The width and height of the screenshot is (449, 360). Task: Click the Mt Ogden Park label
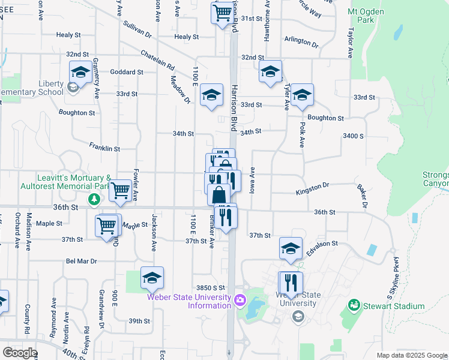click(x=369, y=16)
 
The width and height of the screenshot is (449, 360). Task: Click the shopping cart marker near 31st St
click(x=222, y=12)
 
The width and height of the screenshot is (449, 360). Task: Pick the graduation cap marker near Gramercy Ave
click(x=80, y=73)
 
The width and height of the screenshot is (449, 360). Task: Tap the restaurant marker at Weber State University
click(x=291, y=283)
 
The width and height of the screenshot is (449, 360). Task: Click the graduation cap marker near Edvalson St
click(x=291, y=248)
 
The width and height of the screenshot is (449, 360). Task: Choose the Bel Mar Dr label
click(x=81, y=262)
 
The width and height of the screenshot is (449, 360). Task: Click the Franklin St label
click(x=104, y=147)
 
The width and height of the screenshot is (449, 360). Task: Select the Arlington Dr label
click(x=301, y=43)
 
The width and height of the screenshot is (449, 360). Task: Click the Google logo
click(x=20, y=352)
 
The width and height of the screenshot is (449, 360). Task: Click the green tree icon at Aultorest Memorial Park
click(x=94, y=199)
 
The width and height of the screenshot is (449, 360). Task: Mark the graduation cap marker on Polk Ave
click(x=302, y=95)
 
